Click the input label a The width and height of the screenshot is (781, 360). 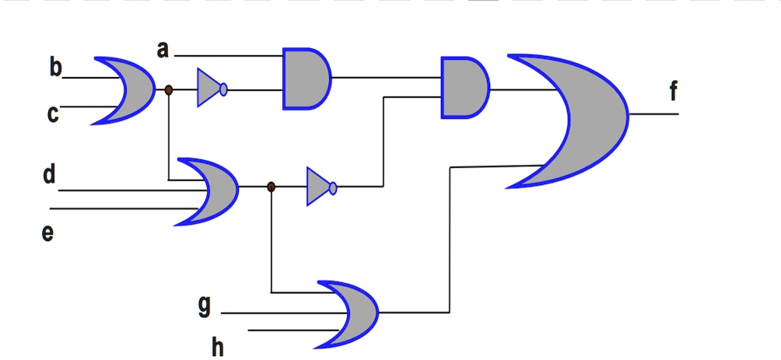162,51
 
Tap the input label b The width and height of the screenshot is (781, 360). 54,68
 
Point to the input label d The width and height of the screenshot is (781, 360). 49,175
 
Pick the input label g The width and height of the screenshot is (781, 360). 204,306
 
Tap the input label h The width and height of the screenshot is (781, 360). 218,347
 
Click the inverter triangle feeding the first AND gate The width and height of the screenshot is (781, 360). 208,89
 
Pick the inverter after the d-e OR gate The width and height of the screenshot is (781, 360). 317,187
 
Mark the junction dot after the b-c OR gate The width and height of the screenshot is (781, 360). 169,90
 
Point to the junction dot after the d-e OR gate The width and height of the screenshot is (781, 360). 271,187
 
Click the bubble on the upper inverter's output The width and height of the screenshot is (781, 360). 224,89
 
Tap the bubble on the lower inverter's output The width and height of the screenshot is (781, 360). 333,187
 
